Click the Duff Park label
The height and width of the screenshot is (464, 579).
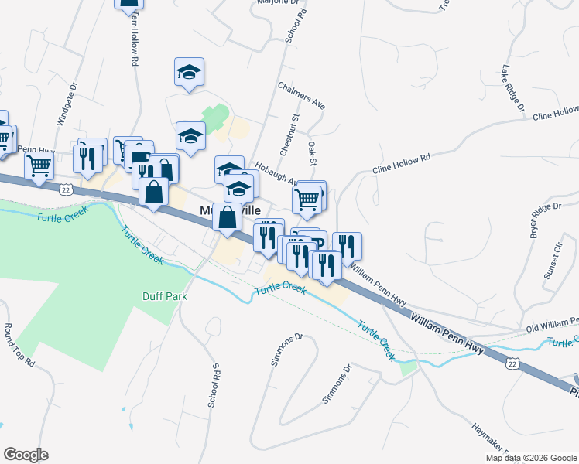[166, 295]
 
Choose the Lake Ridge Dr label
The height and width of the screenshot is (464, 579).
[513, 87]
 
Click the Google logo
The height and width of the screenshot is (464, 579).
[26, 455]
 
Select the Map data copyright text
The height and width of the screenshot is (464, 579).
[532, 458]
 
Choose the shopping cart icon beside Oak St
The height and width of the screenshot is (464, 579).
[307, 200]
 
